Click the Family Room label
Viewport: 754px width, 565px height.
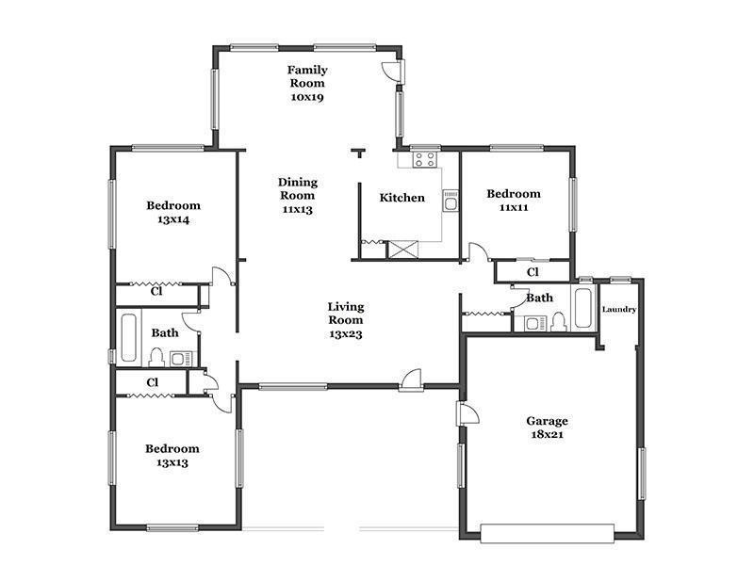pos(307,76)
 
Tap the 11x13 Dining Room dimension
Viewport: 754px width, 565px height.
pos(297,209)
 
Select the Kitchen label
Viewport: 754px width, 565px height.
pos(402,198)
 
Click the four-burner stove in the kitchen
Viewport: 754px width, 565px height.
pos(425,159)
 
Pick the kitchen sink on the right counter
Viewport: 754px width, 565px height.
pos(451,201)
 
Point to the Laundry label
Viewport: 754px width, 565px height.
pos(619,310)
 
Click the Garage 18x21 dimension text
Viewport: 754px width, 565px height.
pos(548,435)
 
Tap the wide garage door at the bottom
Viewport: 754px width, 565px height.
pos(548,533)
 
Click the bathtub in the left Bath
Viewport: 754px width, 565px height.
pos(128,337)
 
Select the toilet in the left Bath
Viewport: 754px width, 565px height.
pos(156,358)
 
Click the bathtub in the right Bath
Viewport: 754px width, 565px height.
pos(583,308)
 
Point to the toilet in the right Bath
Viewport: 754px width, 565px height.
pos(558,321)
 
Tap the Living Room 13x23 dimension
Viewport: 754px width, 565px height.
pos(345,334)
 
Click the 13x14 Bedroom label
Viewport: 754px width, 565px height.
pos(173,213)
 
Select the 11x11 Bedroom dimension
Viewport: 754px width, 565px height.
pos(514,207)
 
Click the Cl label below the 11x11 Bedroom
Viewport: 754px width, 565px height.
pos(533,272)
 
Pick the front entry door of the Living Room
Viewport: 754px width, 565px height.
pos(412,380)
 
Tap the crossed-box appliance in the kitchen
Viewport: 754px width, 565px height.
pos(403,250)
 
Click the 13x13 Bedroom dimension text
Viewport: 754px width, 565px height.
pos(172,462)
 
